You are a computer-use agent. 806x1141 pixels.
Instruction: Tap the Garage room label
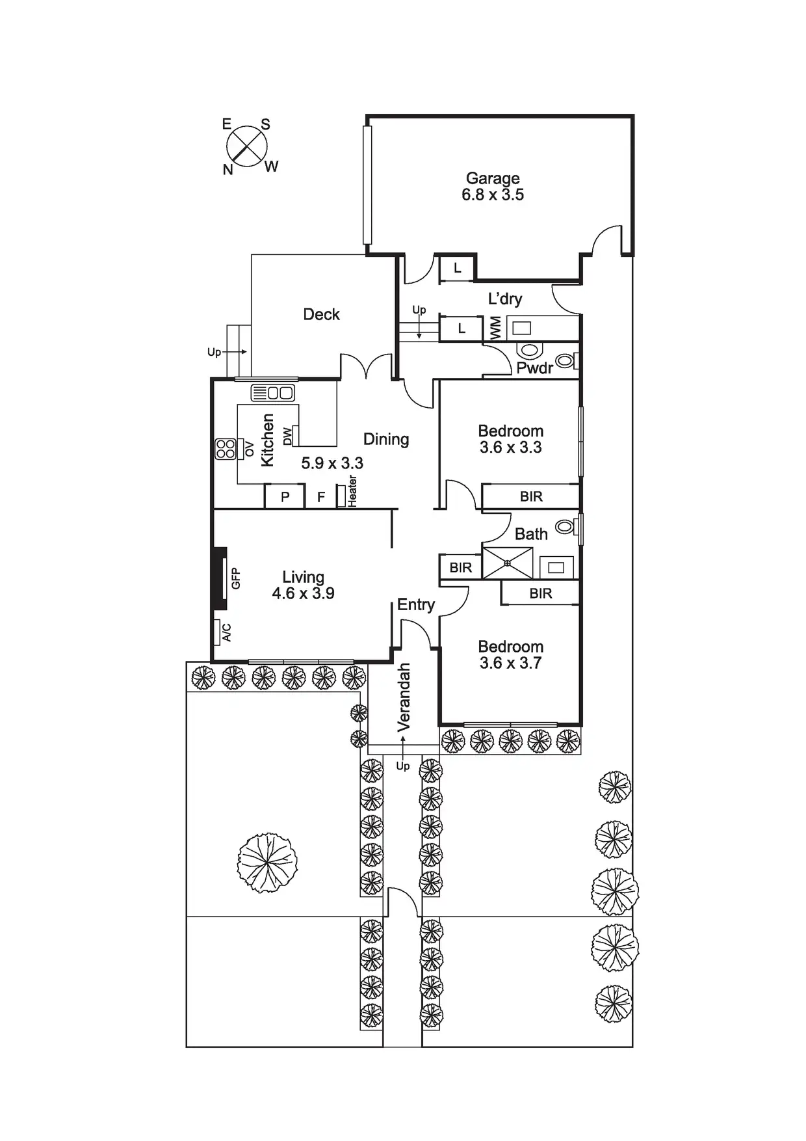coord(493,178)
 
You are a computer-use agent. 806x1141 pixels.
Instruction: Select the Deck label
coord(322,314)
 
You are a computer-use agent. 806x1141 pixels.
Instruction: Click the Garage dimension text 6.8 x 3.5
coord(493,195)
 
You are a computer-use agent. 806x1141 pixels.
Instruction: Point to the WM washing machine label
coord(496,328)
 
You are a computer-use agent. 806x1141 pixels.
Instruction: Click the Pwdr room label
coord(535,368)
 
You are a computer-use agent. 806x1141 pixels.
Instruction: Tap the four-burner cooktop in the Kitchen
coord(226,449)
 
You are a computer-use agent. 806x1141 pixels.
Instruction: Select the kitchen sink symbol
coord(273,393)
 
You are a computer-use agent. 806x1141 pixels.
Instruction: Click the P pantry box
coord(285,497)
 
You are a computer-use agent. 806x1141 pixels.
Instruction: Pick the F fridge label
coord(321,497)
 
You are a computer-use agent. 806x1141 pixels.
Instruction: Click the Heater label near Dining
coord(352,491)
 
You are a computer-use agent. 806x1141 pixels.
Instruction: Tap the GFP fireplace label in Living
coord(236,578)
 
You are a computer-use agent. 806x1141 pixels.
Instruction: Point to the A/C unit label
coord(227,632)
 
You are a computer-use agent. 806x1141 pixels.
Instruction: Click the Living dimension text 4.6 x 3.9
coord(303,593)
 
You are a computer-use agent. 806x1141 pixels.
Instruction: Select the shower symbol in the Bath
coord(508,563)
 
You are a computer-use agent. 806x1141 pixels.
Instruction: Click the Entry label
coord(416,605)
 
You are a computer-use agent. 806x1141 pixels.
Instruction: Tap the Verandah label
coord(404,697)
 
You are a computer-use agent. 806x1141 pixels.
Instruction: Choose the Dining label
coord(386,439)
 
